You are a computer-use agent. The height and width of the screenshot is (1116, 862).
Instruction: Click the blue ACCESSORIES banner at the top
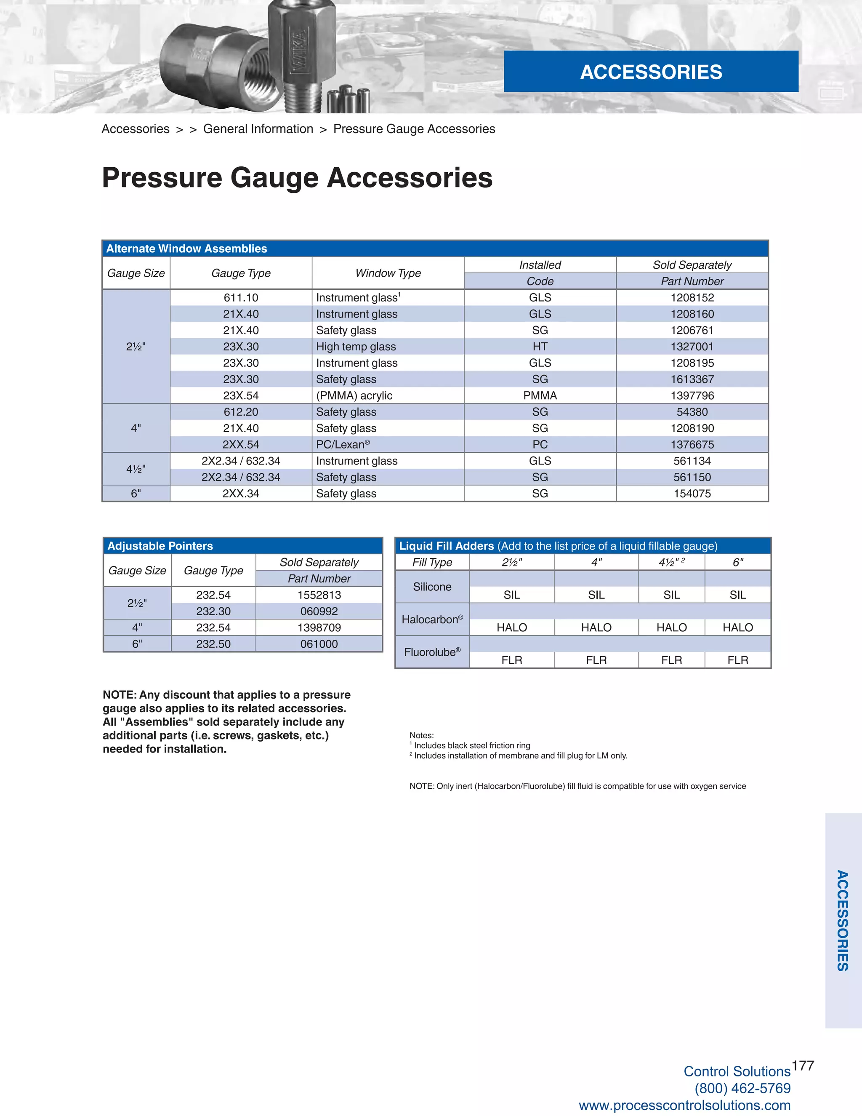651,72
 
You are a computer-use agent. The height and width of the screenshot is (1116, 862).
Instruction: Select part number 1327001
692,347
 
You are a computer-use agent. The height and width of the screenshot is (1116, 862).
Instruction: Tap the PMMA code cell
540,395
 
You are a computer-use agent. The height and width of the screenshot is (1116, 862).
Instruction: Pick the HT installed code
540,347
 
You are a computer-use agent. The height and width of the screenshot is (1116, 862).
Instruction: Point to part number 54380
692,412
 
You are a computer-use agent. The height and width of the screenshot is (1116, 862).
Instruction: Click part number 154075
692,494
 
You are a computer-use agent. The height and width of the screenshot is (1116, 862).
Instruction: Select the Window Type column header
388,273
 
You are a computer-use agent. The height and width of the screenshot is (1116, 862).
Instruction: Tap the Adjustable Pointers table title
160,546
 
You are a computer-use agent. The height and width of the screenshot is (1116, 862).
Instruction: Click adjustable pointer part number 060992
319,611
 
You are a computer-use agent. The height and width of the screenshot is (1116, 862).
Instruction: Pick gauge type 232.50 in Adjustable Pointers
213,644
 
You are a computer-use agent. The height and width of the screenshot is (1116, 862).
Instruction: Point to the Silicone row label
432,587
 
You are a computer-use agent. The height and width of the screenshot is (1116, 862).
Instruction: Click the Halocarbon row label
432,619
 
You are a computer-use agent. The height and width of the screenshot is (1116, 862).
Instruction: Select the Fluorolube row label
432,652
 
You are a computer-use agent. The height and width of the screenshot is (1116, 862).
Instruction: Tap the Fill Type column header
432,562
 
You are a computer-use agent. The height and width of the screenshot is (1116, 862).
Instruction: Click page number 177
803,1065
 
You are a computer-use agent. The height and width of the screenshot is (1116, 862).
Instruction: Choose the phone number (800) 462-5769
742,1088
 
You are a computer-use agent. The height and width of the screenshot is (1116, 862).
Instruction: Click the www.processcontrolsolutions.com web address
684,1105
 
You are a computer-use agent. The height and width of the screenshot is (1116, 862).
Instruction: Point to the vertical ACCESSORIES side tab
843,920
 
